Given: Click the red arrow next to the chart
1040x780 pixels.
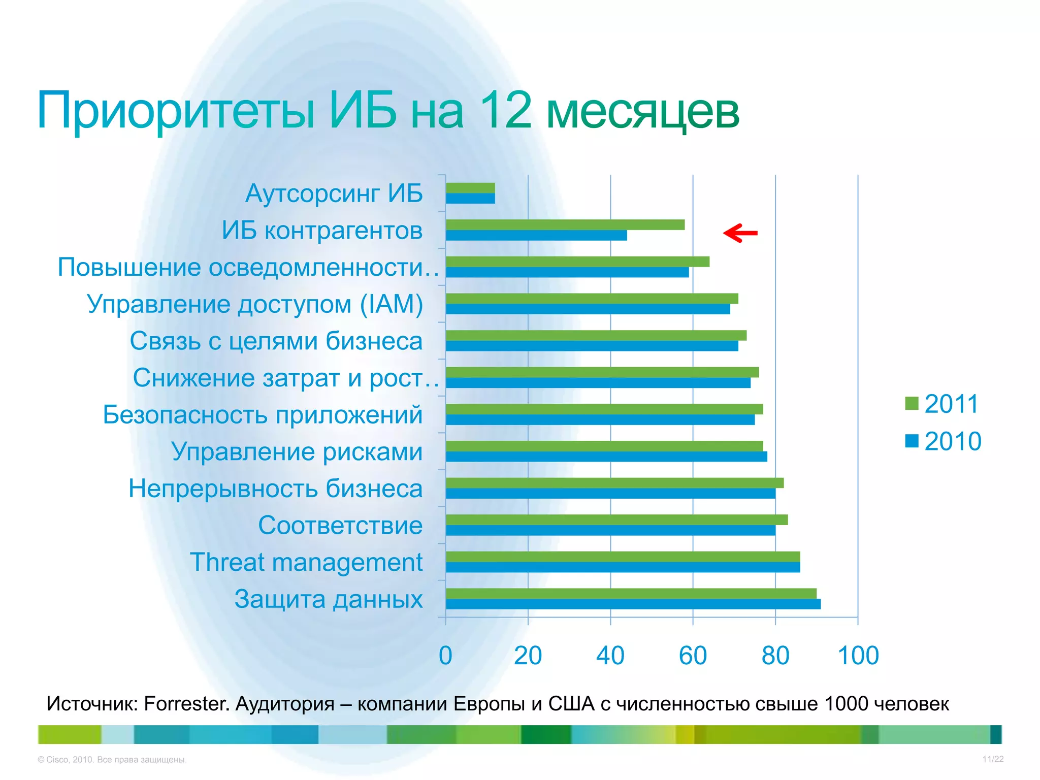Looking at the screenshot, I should click(x=740, y=233).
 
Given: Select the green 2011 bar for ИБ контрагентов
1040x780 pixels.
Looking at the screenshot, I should click(x=565, y=224).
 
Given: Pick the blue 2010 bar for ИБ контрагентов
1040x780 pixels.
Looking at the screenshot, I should click(x=536, y=236).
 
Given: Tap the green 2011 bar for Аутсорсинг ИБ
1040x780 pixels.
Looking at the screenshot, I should click(x=470, y=188).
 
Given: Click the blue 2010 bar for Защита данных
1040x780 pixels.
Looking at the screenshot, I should click(x=633, y=604).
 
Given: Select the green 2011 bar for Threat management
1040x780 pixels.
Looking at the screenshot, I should click(x=623, y=557).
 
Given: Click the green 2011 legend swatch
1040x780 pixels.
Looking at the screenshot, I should click(x=912, y=403).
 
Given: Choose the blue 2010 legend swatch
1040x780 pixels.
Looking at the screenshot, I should click(x=912, y=441).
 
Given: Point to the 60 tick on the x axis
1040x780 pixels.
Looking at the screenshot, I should click(x=693, y=656).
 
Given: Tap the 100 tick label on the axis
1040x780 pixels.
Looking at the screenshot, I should click(x=858, y=656).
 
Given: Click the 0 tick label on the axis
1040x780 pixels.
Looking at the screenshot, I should click(x=445, y=656).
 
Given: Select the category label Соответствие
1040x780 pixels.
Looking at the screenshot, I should click(x=340, y=525).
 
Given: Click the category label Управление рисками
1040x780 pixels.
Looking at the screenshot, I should click(x=297, y=451).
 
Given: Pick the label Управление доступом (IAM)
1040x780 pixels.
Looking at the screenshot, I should click(x=255, y=304).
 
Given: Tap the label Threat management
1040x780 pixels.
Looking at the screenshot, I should click(x=306, y=562).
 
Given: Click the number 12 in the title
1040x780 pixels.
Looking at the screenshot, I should click(x=505, y=110).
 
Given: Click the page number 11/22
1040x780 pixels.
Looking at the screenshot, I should click(x=993, y=759).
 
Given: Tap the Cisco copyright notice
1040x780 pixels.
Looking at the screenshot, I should click(x=112, y=760).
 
